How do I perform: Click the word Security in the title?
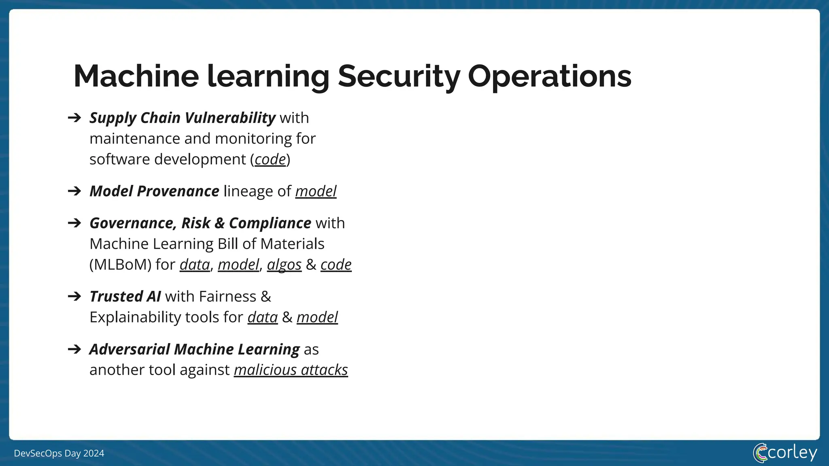(399, 76)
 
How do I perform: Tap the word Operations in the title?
(549, 76)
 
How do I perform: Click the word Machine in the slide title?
(136, 76)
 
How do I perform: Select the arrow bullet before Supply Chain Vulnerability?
(74, 118)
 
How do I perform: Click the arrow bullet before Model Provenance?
(74, 191)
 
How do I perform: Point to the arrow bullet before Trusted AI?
(74, 297)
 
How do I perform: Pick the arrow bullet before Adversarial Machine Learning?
(74, 349)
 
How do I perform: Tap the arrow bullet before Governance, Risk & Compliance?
(74, 223)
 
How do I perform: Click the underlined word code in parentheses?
(270, 159)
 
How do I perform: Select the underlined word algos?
(284, 265)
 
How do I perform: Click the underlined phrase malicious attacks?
(291, 370)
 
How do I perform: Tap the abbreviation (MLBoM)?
(120, 265)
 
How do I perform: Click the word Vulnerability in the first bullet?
(230, 118)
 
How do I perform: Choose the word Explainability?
(135, 317)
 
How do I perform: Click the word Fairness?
(227, 297)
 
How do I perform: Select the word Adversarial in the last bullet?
(130, 349)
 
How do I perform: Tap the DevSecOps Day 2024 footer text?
(59, 453)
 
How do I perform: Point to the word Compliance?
(270, 223)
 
